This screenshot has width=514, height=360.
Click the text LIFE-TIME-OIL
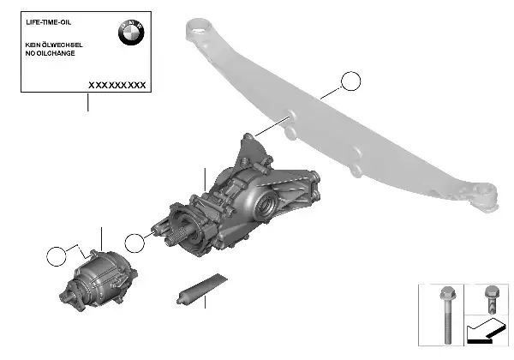point(48,22)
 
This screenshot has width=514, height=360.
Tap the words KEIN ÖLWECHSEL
point(54,45)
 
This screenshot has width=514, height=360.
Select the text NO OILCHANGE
point(51,53)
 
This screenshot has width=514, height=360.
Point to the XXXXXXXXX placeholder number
point(117,85)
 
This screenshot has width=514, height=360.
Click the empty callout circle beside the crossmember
point(350,81)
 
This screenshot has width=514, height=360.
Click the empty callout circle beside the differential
point(134,243)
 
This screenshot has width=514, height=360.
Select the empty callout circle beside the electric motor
point(57,256)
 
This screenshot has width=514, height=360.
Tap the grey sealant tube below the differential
point(201,289)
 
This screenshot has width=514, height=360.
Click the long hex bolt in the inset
point(447,314)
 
